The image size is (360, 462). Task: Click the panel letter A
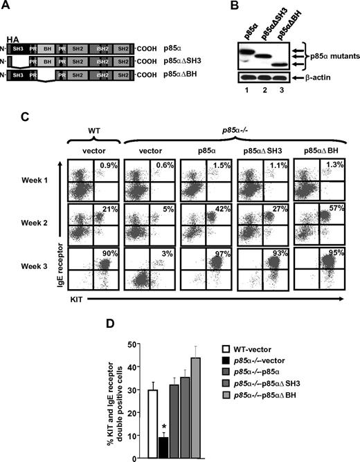click(8, 6)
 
